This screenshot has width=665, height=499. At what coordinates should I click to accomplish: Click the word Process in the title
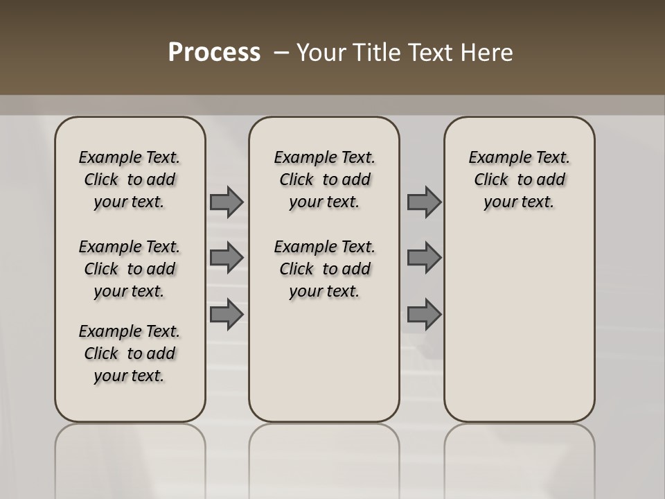(214, 53)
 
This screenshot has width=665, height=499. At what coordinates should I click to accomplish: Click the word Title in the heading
(375, 53)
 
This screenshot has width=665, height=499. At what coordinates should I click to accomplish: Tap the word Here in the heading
(488, 53)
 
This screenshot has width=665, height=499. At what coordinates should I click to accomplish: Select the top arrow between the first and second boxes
(227, 202)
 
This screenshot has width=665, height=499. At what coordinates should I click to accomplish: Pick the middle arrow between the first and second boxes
(227, 258)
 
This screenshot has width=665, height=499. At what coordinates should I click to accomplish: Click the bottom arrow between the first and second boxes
(227, 315)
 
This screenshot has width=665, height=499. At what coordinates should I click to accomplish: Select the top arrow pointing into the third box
(424, 202)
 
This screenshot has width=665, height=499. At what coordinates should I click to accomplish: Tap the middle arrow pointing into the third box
(424, 258)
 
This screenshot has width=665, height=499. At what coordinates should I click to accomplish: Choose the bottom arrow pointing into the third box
(424, 315)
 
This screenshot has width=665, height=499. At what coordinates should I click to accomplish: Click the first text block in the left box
(130, 180)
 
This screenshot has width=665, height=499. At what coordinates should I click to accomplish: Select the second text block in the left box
(130, 269)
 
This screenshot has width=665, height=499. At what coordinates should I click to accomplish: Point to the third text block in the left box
(130, 353)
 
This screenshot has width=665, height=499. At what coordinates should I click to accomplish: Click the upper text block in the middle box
(324, 180)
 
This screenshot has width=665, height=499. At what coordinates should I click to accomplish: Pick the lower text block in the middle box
(324, 269)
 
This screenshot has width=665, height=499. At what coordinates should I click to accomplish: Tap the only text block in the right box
(519, 180)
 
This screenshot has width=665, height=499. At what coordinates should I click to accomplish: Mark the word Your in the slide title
(319, 53)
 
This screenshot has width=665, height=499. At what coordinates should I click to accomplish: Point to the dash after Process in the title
(282, 53)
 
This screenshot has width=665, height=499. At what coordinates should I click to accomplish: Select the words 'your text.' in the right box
(519, 202)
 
